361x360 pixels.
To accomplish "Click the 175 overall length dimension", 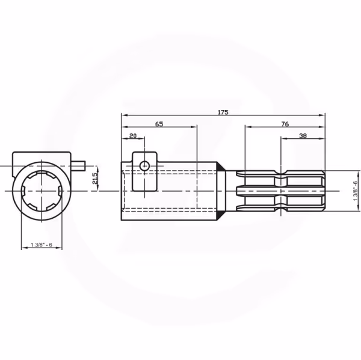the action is (223, 112).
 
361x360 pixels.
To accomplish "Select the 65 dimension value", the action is (159, 124).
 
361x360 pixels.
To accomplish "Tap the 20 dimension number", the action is (133, 136).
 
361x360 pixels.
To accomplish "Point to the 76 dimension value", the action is (285, 124).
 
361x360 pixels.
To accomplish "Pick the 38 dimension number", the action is (303, 136).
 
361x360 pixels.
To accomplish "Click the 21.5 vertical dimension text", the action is (94, 178).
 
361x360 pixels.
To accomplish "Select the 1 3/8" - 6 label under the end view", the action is (42, 245).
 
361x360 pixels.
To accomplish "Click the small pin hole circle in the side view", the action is (144, 166).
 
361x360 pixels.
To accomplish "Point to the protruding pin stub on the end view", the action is (78, 166).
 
